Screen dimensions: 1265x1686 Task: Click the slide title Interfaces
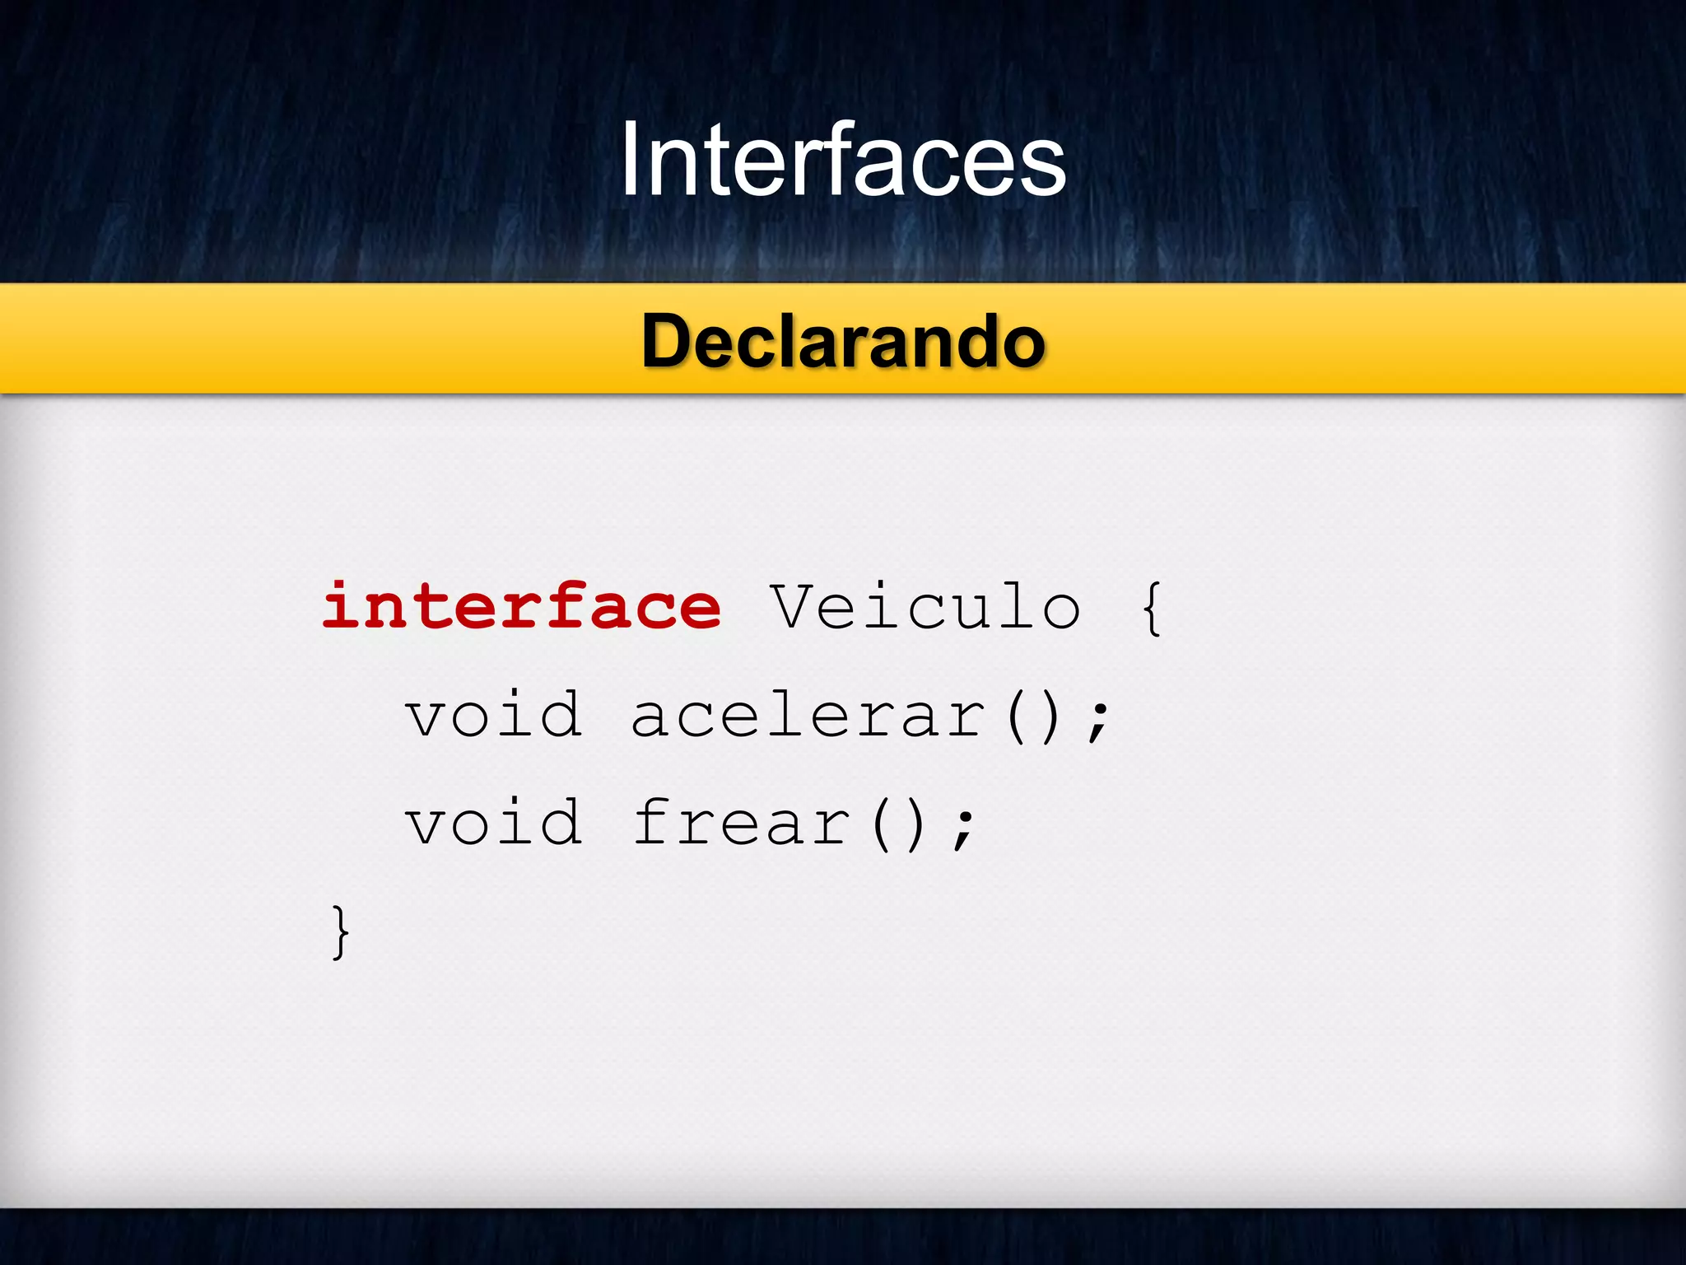(843, 160)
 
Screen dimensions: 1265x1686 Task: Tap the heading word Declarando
(843, 341)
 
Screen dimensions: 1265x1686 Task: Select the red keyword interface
(522, 606)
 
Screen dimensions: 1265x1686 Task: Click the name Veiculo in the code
(925, 606)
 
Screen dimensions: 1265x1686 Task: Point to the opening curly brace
(1152, 608)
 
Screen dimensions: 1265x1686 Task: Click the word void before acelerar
(494, 714)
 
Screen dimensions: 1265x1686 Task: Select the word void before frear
(494, 822)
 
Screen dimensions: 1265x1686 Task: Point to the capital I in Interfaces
(630, 160)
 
